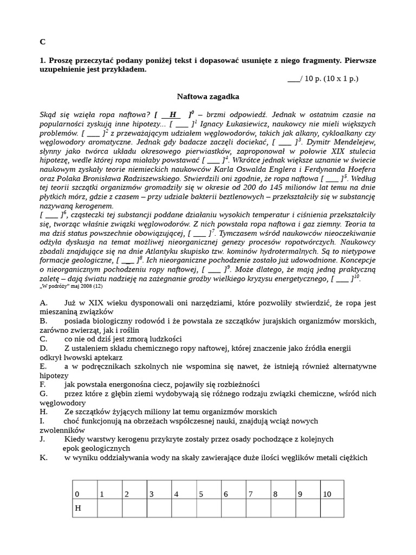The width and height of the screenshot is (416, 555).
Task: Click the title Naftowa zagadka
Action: click(x=208, y=96)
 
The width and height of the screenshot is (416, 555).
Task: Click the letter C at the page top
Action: click(x=43, y=42)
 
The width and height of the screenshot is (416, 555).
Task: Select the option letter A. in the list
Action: click(x=44, y=303)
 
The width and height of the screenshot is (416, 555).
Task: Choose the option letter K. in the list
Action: click(x=43, y=457)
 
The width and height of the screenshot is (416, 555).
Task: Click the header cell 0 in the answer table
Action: click(x=77, y=494)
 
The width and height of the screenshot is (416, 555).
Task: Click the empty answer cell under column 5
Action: click(x=208, y=508)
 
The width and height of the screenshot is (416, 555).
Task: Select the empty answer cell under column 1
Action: click(x=109, y=508)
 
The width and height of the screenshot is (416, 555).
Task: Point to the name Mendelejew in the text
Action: click(x=352, y=142)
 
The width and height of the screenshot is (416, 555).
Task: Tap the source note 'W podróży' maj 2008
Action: click(x=70, y=286)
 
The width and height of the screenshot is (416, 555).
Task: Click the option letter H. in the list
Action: click(x=44, y=411)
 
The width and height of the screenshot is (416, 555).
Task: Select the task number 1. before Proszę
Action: click(x=43, y=60)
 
